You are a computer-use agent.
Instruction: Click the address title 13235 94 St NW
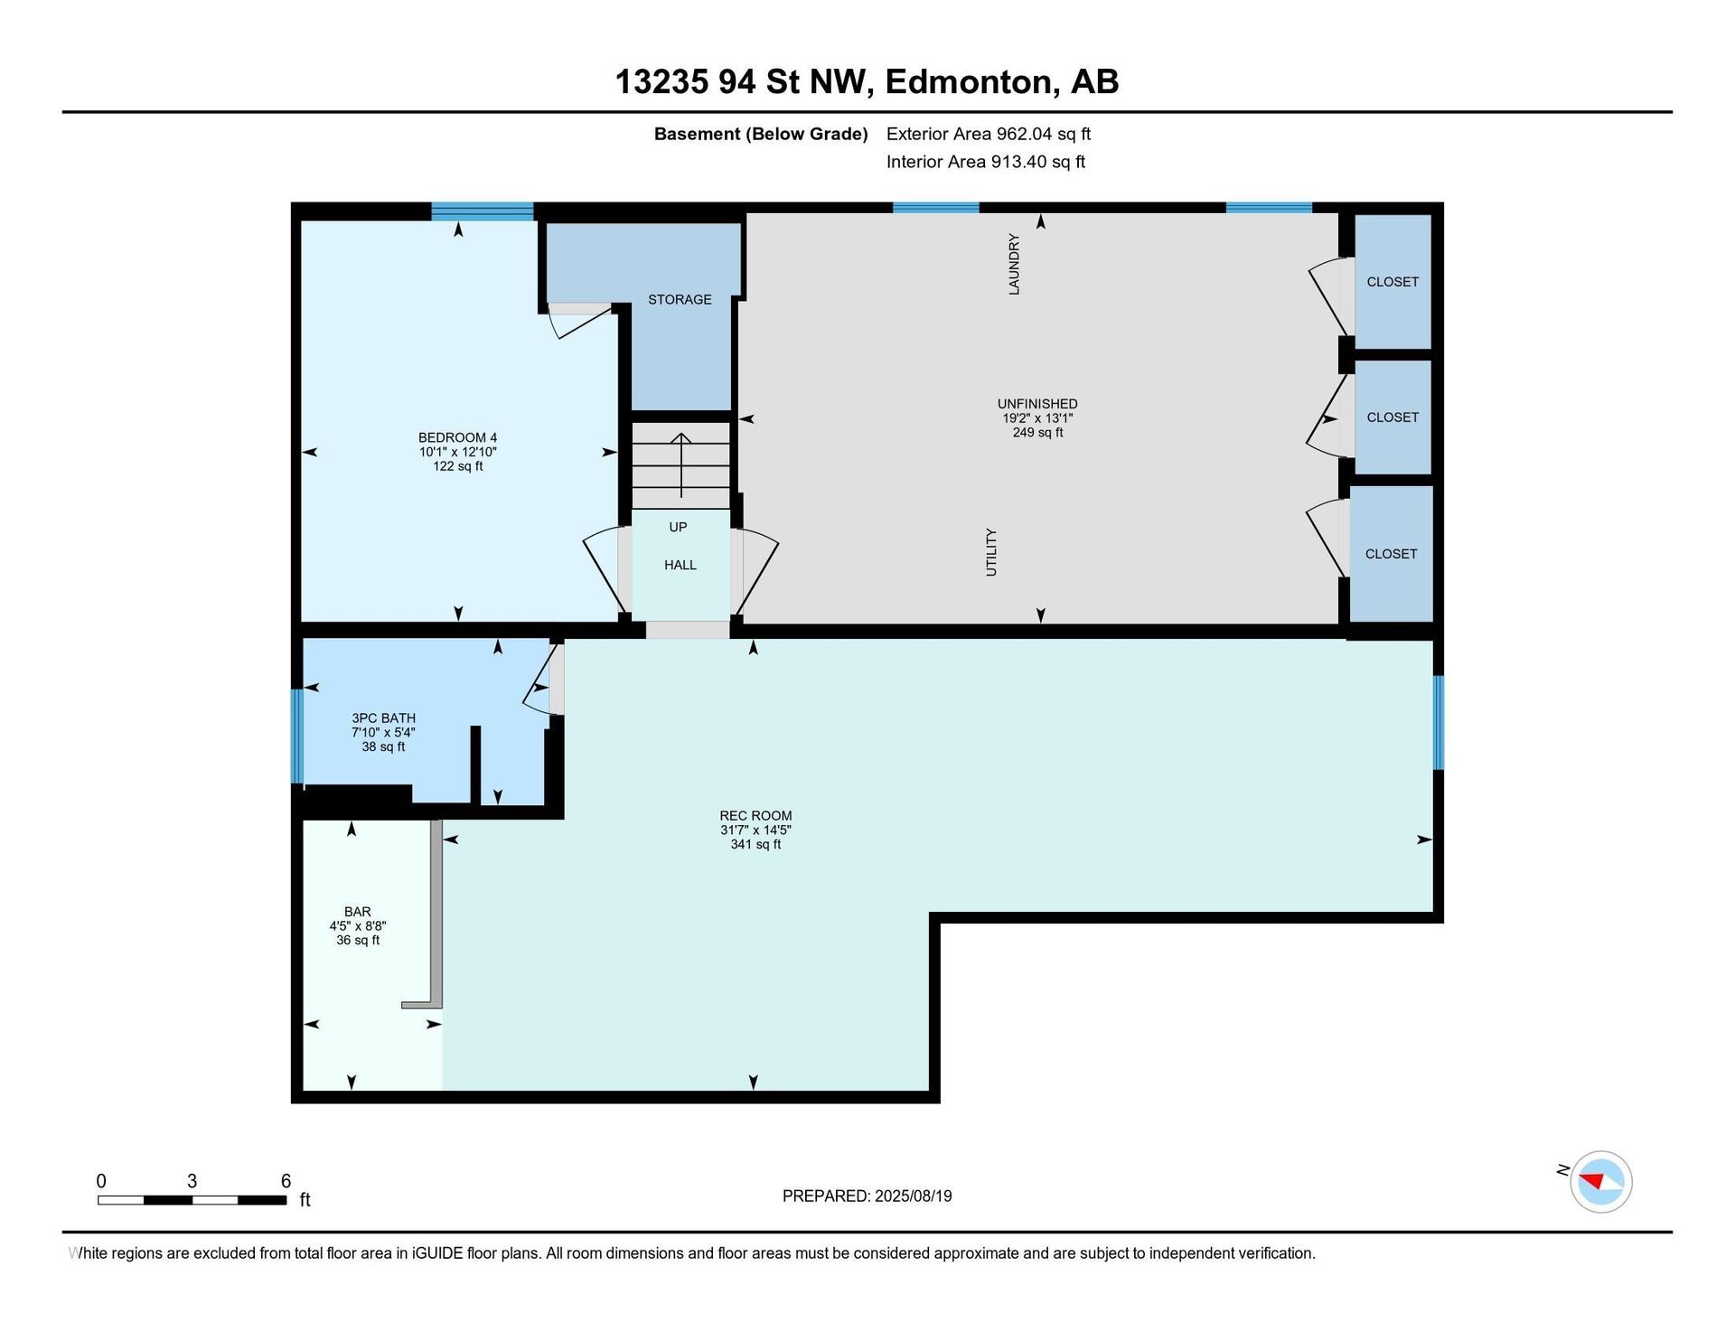click(x=743, y=82)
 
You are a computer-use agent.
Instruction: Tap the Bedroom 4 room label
click(x=457, y=437)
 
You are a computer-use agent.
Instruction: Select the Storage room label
click(x=680, y=299)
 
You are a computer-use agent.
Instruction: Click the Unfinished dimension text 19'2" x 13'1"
click(x=1037, y=418)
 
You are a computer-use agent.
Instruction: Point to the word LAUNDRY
click(x=1014, y=264)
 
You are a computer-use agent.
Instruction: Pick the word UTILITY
click(x=991, y=552)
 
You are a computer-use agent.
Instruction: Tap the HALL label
click(x=680, y=565)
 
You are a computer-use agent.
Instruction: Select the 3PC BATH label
click(x=383, y=718)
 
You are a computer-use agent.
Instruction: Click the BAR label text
click(x=357, y=912)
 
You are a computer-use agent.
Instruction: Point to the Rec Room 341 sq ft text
click(x=755, y=844)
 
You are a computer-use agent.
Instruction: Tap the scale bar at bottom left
click(x=192, y=1200)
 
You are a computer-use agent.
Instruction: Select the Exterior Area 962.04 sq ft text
click(x=989, y=134)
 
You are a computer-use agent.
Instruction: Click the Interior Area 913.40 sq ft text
click(x=986, y=162)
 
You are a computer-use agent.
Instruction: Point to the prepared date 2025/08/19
click(x=914, y=1196)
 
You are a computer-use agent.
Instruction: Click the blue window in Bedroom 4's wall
click(x=483, y=211)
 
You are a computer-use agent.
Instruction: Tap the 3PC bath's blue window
click(x=296, y=736)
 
